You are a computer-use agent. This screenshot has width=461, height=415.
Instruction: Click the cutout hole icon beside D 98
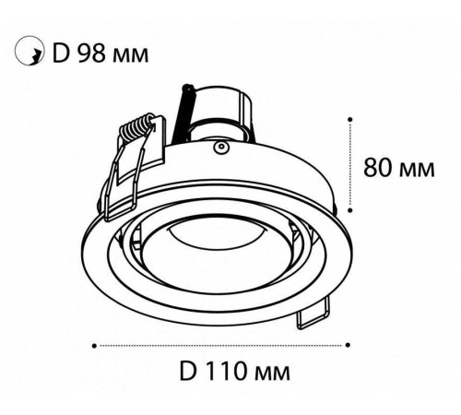(x=30, y=51)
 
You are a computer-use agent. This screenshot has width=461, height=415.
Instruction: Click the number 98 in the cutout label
(x=91, y=53)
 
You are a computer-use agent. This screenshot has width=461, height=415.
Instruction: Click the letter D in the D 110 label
(x=188, y=371)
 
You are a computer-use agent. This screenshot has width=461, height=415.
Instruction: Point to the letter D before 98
(x=60, y=53)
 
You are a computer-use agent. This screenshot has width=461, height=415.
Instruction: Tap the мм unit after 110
(x=272, y=373)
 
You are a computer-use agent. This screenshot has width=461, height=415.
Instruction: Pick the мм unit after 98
(x=130, y=56)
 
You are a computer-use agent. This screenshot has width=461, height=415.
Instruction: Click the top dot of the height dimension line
(x=349, y=119)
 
